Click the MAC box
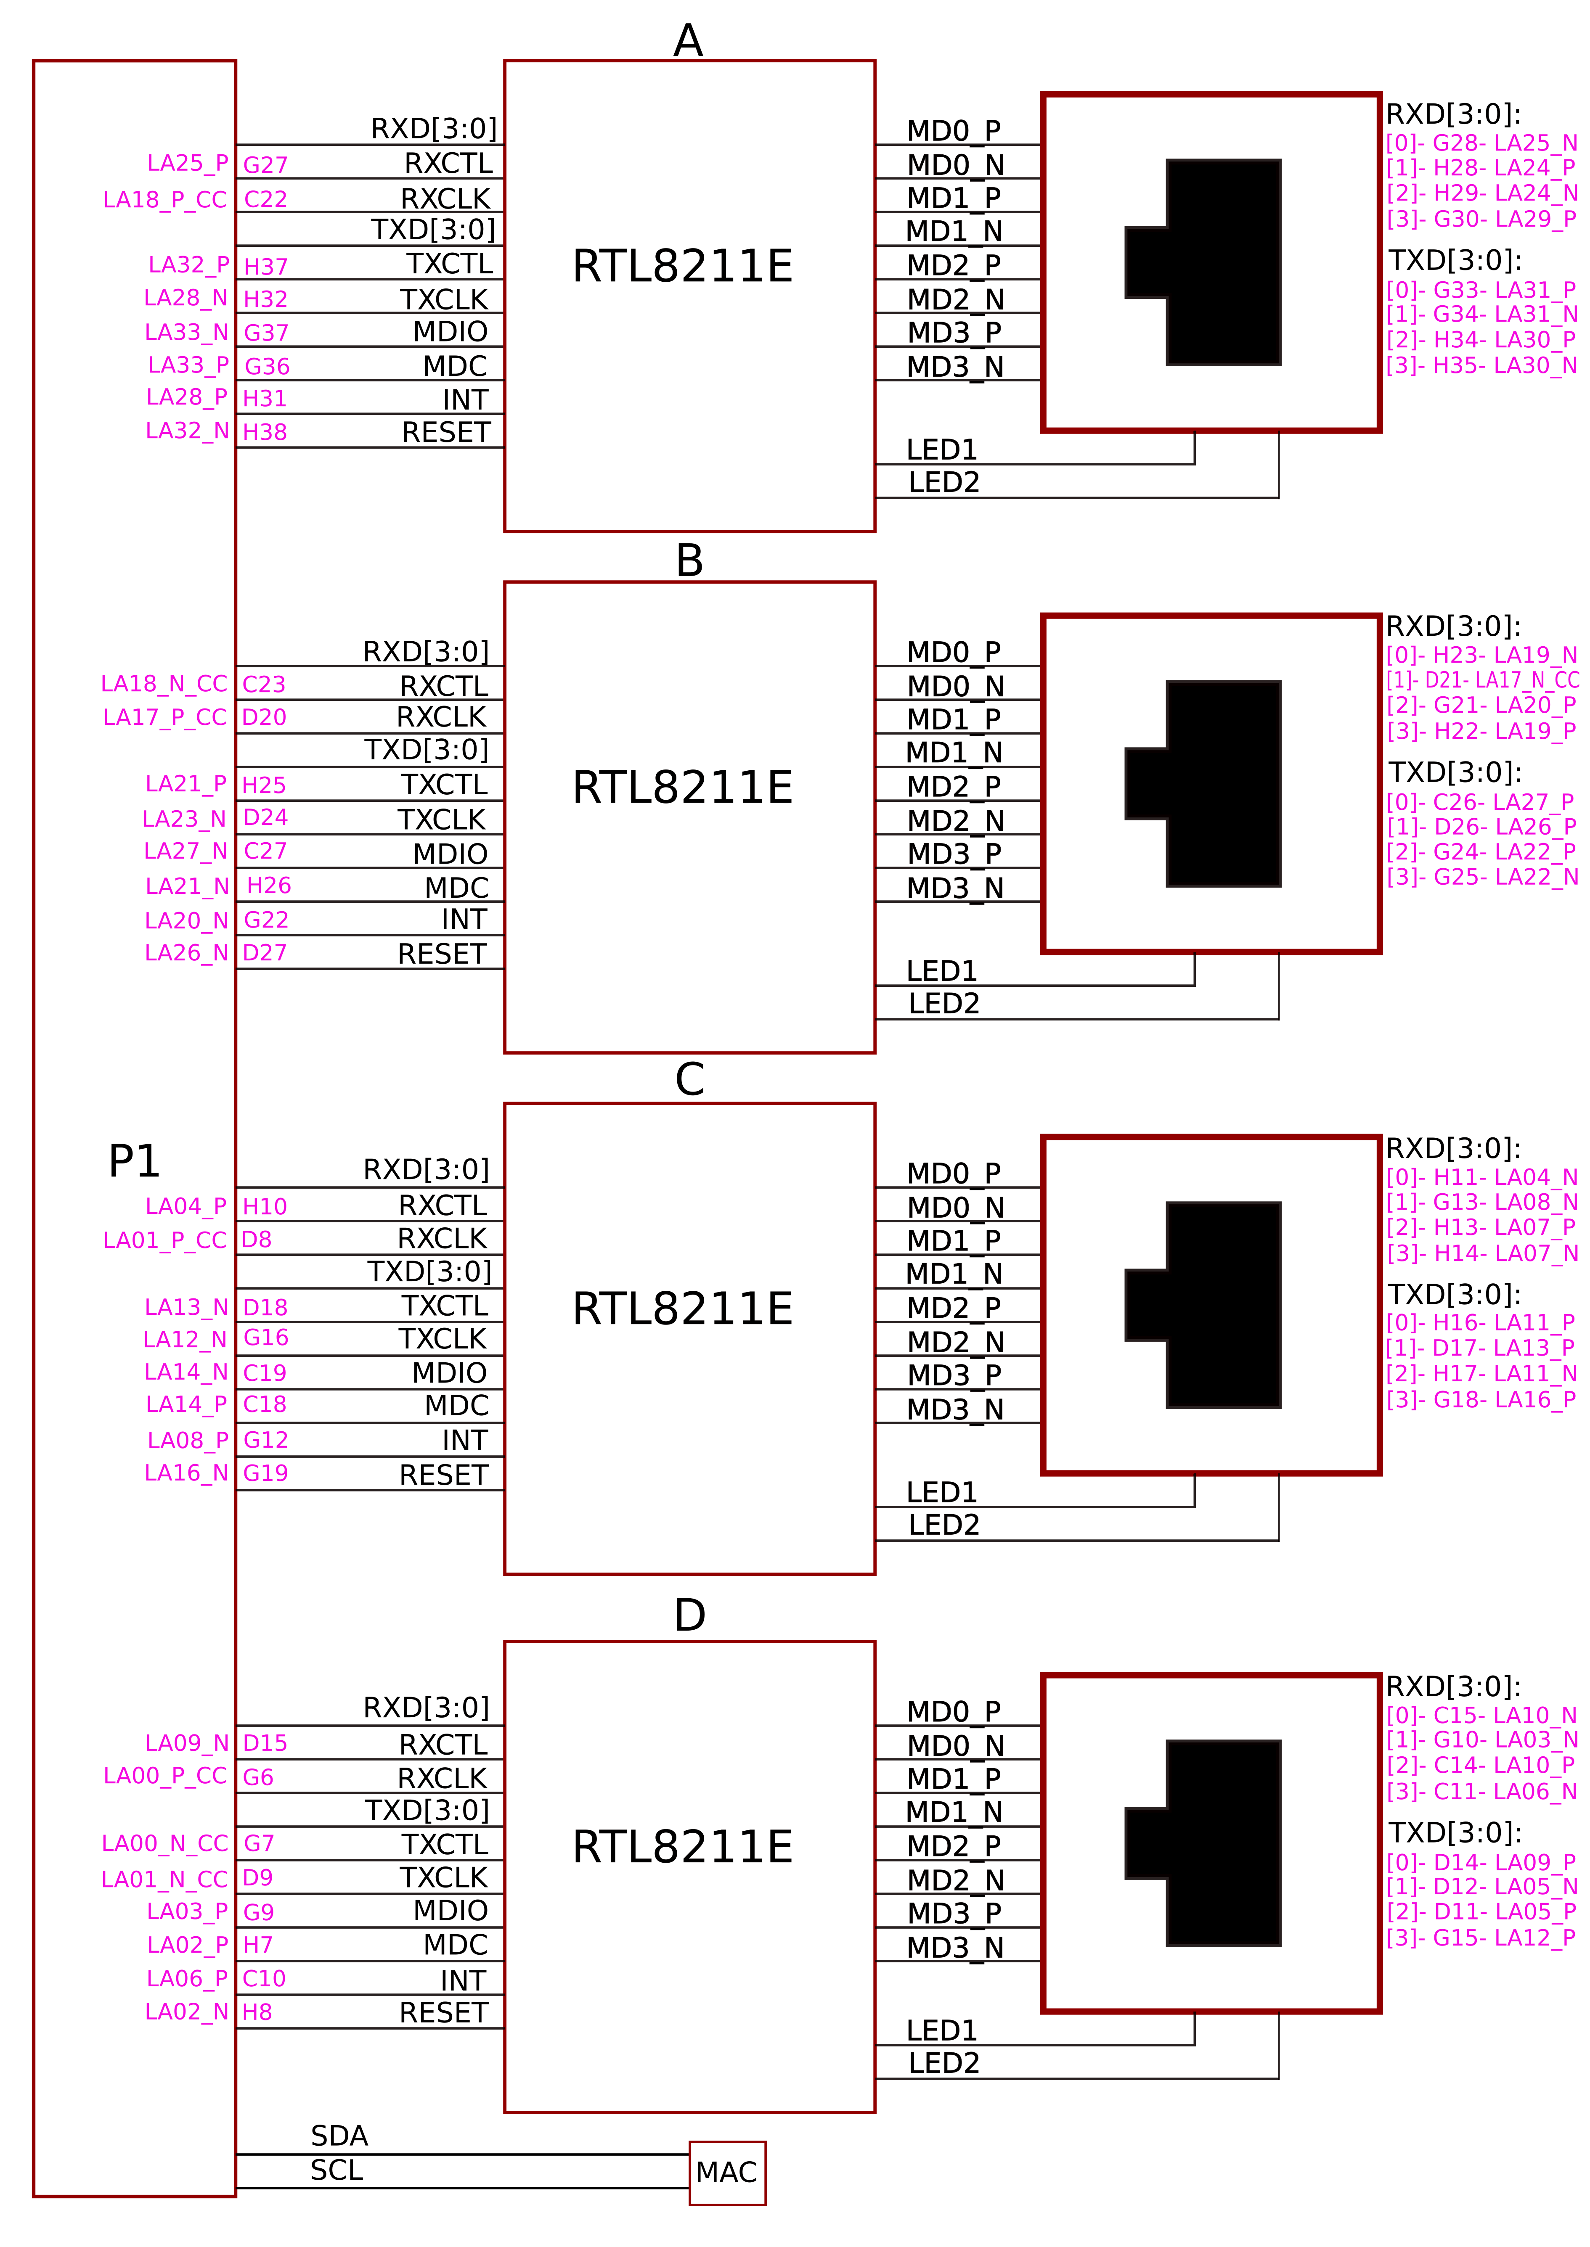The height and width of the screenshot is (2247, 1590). [x=726, y=2173]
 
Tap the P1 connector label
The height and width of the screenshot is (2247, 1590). [x=134, y=1162]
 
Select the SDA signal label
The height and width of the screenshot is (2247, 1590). [x=339, y=2136]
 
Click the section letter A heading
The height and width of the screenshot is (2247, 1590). [x=688, y=41]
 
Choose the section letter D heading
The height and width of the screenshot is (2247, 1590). [x=689, y=1615]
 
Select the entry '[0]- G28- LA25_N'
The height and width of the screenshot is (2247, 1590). [x=1481, y=143]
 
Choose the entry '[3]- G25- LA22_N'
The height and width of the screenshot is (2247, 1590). [x=1481, y=877]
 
